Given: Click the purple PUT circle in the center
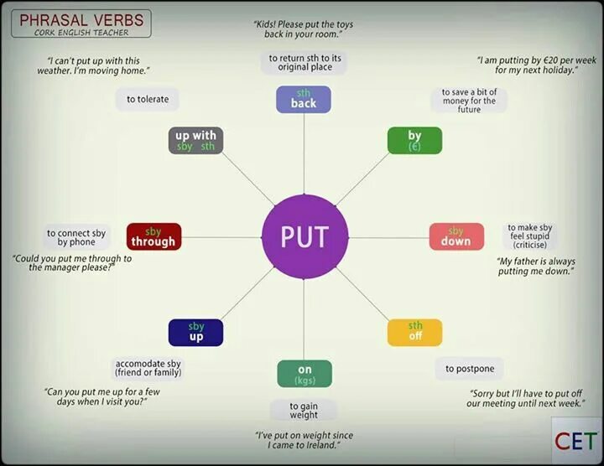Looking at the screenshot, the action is pos(303,237).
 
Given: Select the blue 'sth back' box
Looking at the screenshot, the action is pos(303,99).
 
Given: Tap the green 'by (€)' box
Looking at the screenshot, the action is pos(414,141).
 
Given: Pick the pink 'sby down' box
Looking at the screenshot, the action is pos(456,236).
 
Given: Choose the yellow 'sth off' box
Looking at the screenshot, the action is pos(414,332).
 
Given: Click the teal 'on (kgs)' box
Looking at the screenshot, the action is pos(305,374).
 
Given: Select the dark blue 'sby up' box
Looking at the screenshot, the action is pos(195,332).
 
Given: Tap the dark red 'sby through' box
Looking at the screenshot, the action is pos(154,236).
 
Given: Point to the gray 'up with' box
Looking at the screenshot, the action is pos(195,141).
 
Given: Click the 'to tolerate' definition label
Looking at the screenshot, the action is pos(148,99).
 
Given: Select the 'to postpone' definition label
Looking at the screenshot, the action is pos(470,369).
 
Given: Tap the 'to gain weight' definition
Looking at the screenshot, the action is pos(305,410).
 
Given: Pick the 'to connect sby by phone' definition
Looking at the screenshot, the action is pos(75,237).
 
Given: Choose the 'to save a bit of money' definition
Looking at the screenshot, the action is pos(470,101).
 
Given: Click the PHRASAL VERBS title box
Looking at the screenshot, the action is pos(81,23).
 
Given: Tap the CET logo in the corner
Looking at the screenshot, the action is pos(575,441).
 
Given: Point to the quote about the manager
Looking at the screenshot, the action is pos(73,263).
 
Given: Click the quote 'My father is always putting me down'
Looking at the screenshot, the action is pos(535,267).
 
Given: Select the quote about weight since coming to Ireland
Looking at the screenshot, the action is pos(305,441).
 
